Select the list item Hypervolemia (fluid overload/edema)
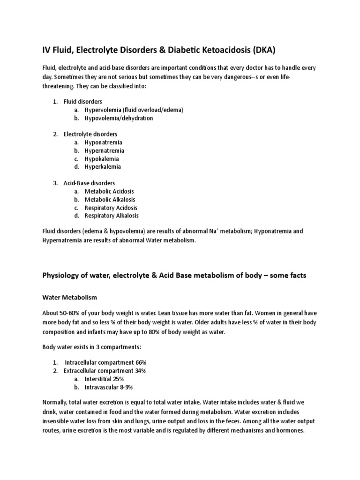click(134, 110)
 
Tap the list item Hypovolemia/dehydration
click(119, 118)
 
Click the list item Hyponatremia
click(103, 142)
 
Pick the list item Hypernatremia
click(104, 150)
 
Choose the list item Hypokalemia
click(102, 158)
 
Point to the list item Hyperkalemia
click(103, 166)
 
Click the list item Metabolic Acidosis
click(109, 191)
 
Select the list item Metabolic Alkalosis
click(110, 199)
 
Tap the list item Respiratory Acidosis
click(111, 208)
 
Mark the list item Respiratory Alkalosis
click(112, 216)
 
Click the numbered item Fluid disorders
click(83, 101)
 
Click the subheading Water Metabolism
click(69, 297)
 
